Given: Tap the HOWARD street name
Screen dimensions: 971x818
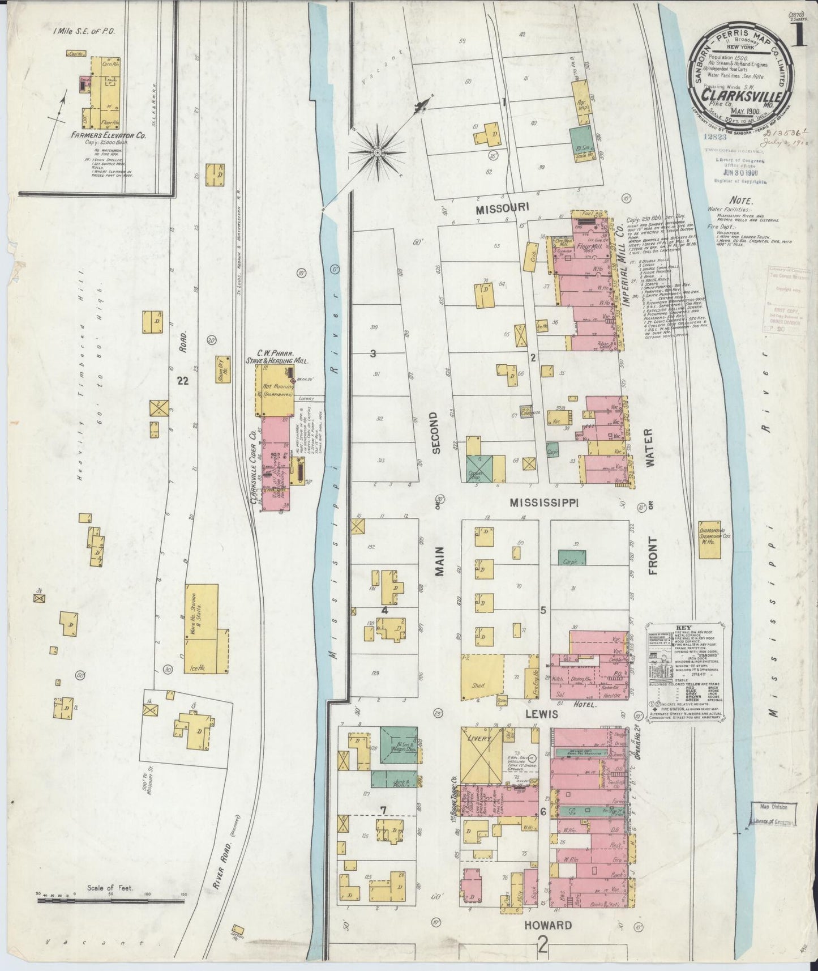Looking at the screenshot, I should click(x=547, y=925).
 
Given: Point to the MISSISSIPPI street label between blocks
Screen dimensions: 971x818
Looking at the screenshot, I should click(x=543, y=502).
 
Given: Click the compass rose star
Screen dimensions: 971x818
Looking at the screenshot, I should click(x=378, y=152).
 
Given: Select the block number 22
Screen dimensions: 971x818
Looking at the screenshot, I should click(x=182, y=381).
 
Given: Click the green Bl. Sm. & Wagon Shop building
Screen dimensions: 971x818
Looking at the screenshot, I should click(x=399, y=746).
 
